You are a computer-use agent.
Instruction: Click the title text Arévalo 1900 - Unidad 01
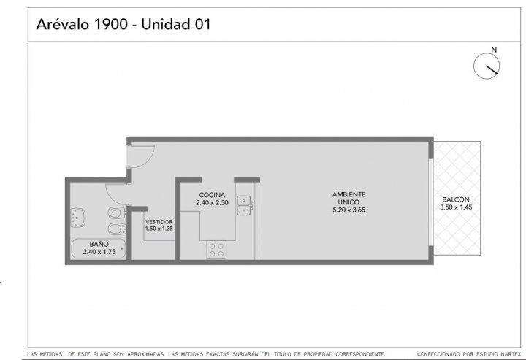pos(123,25)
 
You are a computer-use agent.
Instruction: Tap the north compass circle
pos(487,66)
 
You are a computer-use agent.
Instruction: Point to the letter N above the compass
pos(494,50)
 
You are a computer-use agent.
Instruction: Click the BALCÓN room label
pos(456,199)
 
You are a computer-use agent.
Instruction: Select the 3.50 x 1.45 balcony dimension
pos(456,207)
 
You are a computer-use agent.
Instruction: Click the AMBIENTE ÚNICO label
pos(349,198)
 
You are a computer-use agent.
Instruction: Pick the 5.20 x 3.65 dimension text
pos(349,210)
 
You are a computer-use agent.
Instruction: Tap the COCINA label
pos(212,195)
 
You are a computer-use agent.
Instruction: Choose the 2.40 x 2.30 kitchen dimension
pos(212,203)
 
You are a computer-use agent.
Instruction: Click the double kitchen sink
pos(244,205)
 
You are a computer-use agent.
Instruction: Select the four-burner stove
pos(216,250)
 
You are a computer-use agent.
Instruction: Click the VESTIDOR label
pos(159,222)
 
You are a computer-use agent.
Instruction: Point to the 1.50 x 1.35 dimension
pos(159,229)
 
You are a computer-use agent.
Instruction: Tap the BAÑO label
pos(99,245)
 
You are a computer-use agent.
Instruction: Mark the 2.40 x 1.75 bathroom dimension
pos(99,252)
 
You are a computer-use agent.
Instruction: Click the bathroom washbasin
pos(78,217)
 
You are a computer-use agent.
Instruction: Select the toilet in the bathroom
pos(117,212)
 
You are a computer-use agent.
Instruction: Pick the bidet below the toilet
pos(117,229)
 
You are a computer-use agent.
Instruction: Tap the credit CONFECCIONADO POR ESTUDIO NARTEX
pos(469,354)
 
